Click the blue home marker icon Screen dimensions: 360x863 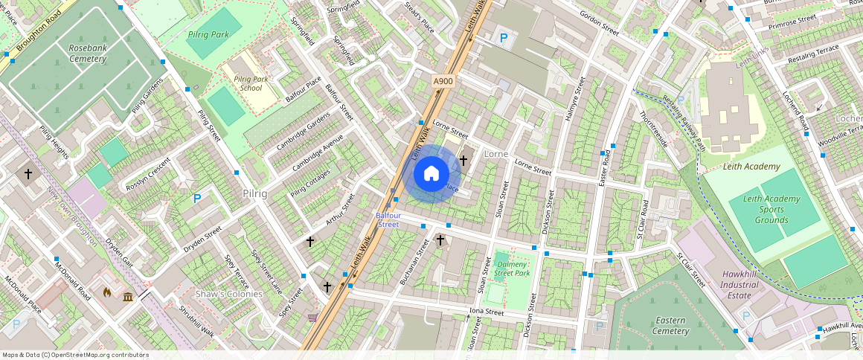pos(431,174)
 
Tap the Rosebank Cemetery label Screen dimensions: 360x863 pos(88,54)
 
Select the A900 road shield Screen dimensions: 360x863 pos(443,81)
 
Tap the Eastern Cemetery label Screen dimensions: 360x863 pos(671,326)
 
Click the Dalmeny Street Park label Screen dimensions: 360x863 pos(513,269)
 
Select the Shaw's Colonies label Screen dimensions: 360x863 pos(229,294)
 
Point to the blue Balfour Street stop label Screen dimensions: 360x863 pos(388,219)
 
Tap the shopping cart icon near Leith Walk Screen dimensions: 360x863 pos(312,318)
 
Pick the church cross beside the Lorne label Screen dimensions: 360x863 pos(463,159)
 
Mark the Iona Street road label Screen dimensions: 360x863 pos(486,312)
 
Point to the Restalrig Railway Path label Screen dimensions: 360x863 pos(683,123)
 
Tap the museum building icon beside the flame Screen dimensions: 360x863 pos(128,298)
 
